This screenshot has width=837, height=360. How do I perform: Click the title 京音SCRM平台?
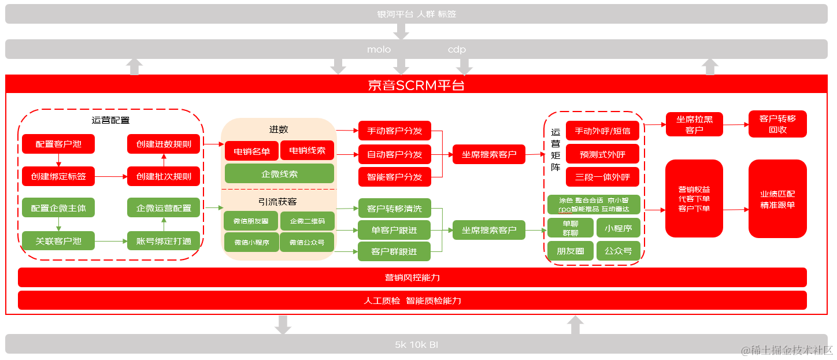tap(416, 86)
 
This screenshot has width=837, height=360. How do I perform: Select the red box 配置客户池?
tap(58, 144)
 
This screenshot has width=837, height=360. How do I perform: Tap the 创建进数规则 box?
tap(164, 144)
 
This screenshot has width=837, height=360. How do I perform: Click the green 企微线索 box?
tap(279, 173)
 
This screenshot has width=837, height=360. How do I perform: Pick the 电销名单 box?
tap(251, 151)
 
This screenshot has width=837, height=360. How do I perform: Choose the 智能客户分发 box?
tap(394, 177)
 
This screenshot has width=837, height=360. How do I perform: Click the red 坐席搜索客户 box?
tap(488, 154)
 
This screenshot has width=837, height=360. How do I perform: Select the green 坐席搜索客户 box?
tap(488, 230)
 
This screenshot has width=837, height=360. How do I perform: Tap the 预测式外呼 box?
tap(602, 154)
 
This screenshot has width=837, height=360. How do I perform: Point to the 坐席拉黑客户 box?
tap(694, 124)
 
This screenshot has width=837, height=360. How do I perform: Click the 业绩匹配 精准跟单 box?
tap(777, 199)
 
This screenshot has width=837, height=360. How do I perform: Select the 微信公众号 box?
tap(307, 243)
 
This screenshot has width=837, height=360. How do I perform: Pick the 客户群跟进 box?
tap(394, 251)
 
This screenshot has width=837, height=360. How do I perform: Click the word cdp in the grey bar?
tap(457, 50)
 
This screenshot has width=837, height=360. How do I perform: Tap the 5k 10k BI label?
tap(416, 344)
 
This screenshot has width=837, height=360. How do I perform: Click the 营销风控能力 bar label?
tap(412, 277)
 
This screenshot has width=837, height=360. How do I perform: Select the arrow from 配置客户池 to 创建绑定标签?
tap(58, 160)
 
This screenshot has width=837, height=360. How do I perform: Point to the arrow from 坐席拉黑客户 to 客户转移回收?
tap(735, 124)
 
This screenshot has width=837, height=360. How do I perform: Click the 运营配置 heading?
tap(110, 120)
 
